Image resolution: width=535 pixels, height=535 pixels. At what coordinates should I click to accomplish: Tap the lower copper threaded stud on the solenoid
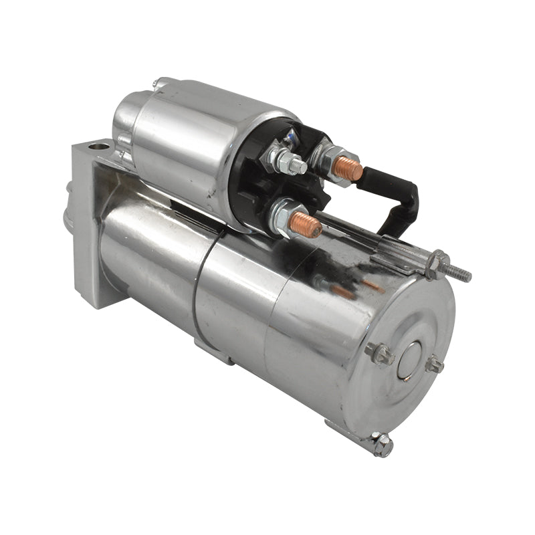306,225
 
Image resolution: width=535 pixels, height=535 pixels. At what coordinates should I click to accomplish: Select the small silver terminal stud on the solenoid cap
290,161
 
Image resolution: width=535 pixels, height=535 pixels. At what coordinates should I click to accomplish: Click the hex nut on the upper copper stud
326,158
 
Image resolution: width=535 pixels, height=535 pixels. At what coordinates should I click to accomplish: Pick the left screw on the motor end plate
378,353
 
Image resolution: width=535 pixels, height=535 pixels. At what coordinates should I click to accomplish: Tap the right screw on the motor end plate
435,365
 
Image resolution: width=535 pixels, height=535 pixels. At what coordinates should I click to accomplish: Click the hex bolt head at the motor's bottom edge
382,445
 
